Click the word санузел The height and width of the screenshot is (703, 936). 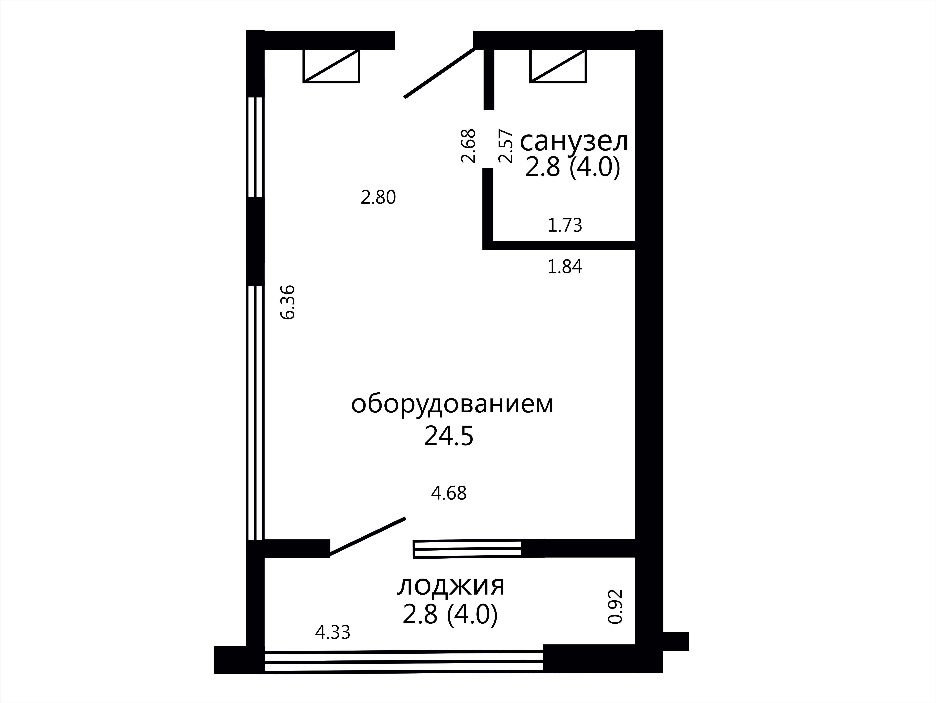(574, 142)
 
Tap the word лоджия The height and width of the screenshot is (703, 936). (451, 587)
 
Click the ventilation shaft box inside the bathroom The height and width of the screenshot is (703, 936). (558, 66)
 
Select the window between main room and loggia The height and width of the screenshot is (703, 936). (467, 549)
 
